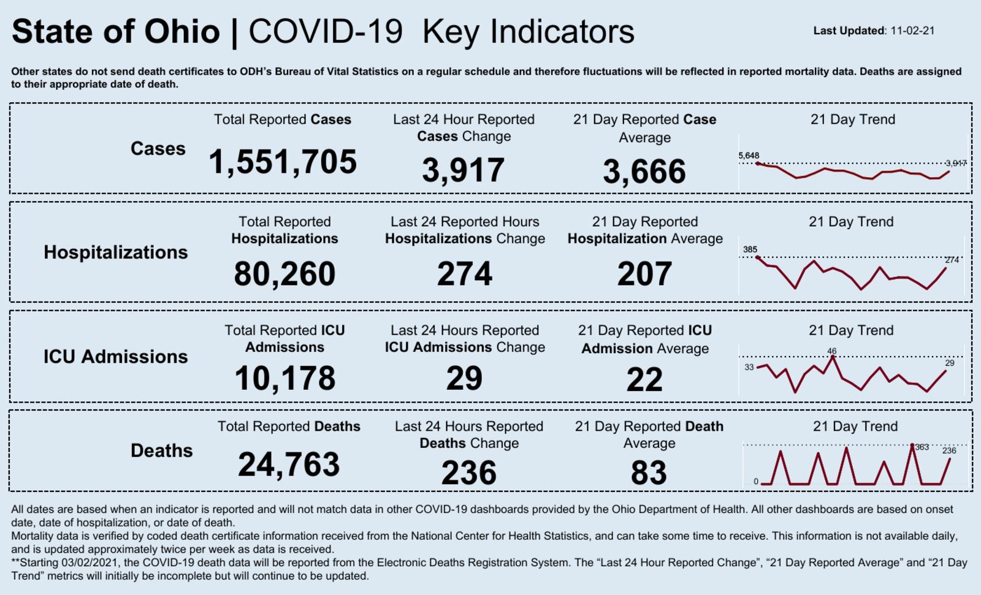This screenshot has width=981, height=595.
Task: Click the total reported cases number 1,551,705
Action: [x=283, y=162]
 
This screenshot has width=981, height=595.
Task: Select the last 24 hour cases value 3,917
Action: [x=463, y=170]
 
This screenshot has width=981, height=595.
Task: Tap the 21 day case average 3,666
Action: [x=644, y=172]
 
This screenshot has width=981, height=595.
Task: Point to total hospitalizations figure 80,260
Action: [x=284, y=274]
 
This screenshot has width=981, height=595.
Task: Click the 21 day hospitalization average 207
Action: [x=644, y=274]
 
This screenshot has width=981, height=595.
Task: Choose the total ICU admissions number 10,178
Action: [x=284, y=378]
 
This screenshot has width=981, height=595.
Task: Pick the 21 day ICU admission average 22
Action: [x=644, y=380]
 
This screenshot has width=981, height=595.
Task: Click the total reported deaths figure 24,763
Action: [x=289, y=464]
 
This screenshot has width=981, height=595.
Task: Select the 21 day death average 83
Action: [x=649, y=473]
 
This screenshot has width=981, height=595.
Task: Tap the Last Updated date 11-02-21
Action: [x=912, y=31]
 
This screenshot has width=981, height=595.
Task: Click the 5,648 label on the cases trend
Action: [x=749, y=156]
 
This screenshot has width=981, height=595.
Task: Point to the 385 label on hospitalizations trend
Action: [x=750, y=249]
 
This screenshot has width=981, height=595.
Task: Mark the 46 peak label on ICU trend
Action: [x=831, y=351]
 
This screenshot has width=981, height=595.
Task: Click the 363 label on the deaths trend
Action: [x=922, y=447]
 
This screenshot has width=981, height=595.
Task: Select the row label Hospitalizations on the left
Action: [x=116, y=252]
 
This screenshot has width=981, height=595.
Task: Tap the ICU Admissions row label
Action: [x=116, y=357]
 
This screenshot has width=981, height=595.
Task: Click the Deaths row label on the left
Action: [x=161, y=450]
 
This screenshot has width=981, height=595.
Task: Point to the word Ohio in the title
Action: [x=182, y=32]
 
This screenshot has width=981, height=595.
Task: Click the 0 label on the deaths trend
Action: [x=756, y=482]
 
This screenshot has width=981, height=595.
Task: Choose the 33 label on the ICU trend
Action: [x=749, y=367]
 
